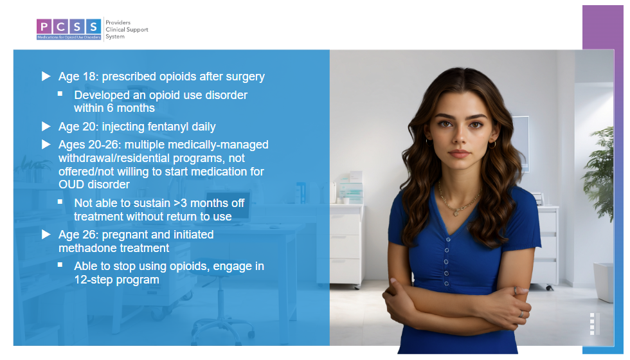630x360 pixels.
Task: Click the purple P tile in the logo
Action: (44, 26)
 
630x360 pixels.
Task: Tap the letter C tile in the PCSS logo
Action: (60, 26)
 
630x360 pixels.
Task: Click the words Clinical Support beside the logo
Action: (127, 30)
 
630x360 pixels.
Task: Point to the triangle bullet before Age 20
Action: (46, 127)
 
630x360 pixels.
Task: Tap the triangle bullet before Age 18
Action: (46, 76)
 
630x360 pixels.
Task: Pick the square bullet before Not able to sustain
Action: (60, 202)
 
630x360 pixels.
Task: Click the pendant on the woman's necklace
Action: (456, 213)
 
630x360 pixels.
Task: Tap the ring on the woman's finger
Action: (521, 314)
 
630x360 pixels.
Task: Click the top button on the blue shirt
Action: (448, 240)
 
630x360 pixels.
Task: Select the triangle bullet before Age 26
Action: (46, 235)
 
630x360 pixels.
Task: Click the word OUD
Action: (71, 185)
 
